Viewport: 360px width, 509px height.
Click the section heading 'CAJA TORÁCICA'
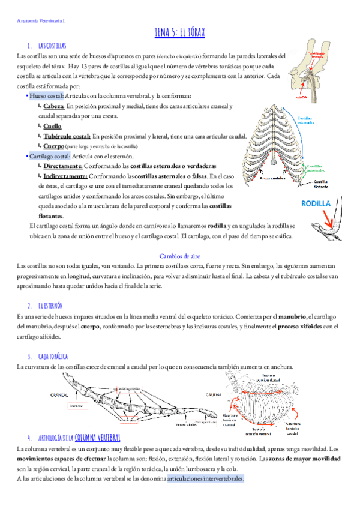(x=52, y=357)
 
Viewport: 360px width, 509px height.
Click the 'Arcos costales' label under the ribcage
(x=272, y=178)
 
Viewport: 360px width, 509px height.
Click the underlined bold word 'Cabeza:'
(x=58, y=106)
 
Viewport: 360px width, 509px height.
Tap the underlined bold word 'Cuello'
(x=52, y=126)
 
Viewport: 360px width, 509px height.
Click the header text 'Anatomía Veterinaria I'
(x=39, y=21)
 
